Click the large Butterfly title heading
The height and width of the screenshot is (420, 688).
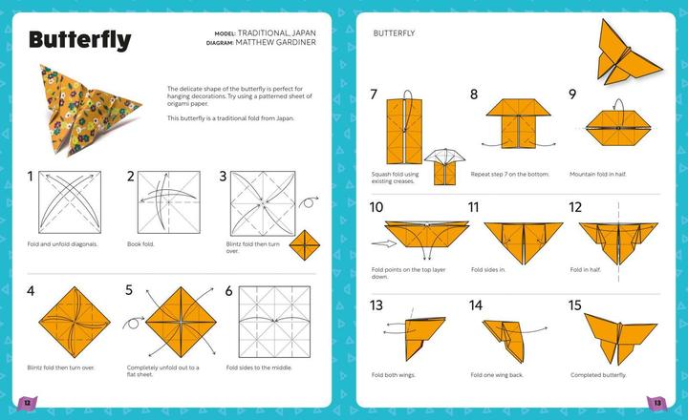tap(79, 41)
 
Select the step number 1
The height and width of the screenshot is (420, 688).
tap(31, 176)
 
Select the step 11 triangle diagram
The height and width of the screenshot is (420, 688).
tap(515, 240)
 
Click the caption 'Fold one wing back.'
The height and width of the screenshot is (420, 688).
tap(500, 374)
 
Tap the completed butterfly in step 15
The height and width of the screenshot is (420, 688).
tap(616, 334)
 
